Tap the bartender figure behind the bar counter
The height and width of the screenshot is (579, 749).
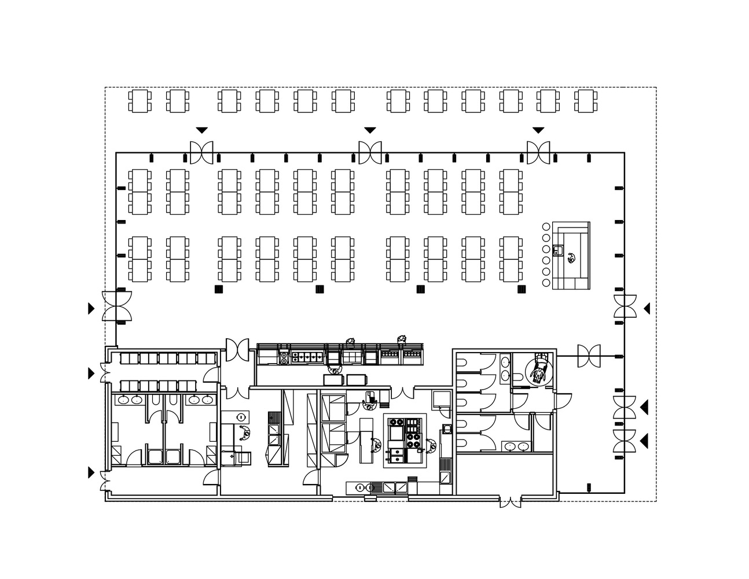pos(571,258)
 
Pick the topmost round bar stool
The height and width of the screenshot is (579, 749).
pos(546,226)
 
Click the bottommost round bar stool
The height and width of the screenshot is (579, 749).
pos(546,283)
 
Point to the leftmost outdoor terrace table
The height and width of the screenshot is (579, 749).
pos(140,101)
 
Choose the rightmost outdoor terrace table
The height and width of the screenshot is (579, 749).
pos(585,101)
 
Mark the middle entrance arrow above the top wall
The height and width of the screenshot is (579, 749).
pos(370,130)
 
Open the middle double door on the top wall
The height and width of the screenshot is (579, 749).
pos(370,152)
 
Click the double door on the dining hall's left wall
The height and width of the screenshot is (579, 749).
pos(117,306)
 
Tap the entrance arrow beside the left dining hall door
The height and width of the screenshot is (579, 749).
pos(91,308)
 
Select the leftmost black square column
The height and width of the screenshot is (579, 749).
pos(219,289)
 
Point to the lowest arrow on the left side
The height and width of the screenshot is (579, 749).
pos(91,473)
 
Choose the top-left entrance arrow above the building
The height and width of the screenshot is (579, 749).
pos(201,130)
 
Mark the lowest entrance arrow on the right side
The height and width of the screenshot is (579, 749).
pos(644,442)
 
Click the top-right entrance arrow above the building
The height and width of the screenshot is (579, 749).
pos(538,130)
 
